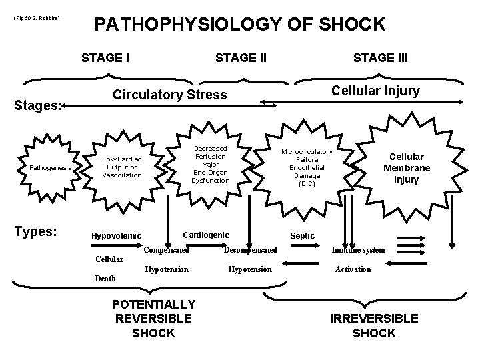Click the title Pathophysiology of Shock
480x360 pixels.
[240, 25]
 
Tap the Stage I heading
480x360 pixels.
[105, 57]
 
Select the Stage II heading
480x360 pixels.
[241, 57]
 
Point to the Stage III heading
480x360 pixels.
[381, 57]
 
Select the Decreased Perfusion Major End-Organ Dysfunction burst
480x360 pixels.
[211, 164]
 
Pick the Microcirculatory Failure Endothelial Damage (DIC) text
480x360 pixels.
[307, 167]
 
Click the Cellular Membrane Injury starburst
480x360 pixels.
[406, 169]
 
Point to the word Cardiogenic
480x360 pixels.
[205, 235]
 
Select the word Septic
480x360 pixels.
[302, 235]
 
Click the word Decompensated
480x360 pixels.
[250, 250]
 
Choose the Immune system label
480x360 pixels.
[358, 250]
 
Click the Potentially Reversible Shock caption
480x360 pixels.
[154, 317]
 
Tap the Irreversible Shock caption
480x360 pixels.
[374, 325]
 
